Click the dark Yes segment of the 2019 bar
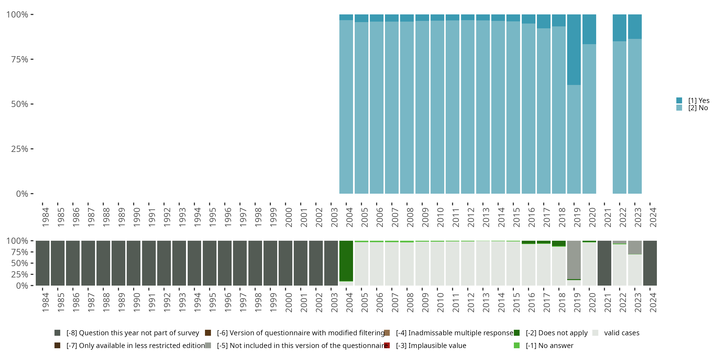pyautogui.click(x=574, y=49)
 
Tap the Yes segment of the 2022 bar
pyautogui.click(x=619, y=28)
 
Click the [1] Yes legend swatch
pyautogui.click(x=679, y=100)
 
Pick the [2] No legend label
pyautogui.click(x=698, y=108)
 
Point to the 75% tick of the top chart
pyautogui.click(x=32, y=59)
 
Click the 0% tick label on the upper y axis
pyautogui.click(x=22, y=194)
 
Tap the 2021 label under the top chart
pyautogui.click(x=608, y=217)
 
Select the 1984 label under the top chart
pyautogui.click(x=46, y=217)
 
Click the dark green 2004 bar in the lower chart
pyautogui.click(x=346, y=260)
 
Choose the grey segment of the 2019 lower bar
pyautogui.click(x=574, y=260)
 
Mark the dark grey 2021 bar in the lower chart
pyautogui.click(x=604, y=263)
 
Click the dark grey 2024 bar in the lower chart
pyautogui.click(x=650, y=263)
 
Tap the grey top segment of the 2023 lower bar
pyautogui.click(x=635, y=247)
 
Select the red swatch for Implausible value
pyautogui.click(x=387, y=345)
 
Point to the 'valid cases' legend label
pyautogui.click(x=622, y=333)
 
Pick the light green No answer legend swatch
pyautogui.click(x=516, y=345)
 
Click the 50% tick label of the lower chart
pyautogui.click(x=20, y=263)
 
